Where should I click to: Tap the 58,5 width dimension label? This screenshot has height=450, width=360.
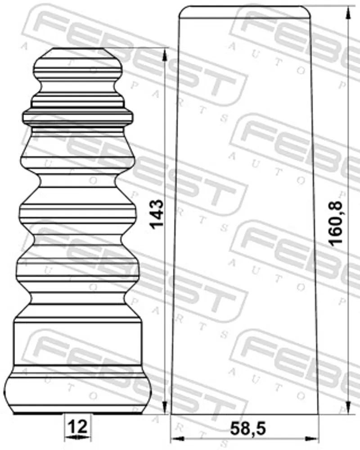click(248, 429)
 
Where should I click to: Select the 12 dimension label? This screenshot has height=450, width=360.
click(77, 426)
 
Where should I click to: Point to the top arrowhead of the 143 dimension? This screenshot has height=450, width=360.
click(165, 54)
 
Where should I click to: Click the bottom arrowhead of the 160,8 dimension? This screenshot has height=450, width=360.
click(348, 408)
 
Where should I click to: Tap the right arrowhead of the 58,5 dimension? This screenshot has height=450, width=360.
click(312, 439)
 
